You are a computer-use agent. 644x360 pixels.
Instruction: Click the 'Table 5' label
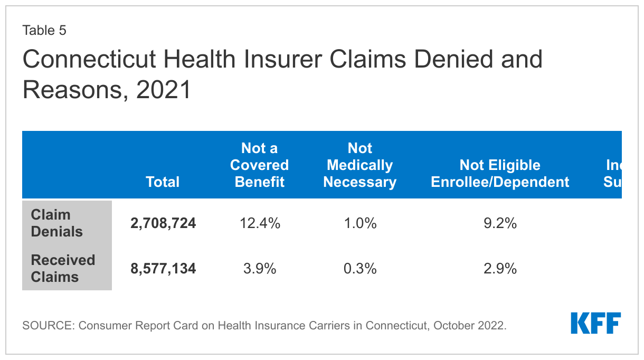coord(44,31)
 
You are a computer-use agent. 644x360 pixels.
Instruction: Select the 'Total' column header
coord(163,182)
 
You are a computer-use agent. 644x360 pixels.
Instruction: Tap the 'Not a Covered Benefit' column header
coord(259,165)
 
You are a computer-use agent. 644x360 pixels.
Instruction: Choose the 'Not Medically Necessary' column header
coord(359,165)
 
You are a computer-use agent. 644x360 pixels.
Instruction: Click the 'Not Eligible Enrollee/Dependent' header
coord(500,174)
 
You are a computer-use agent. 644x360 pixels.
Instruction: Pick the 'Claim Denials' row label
coord(57,223)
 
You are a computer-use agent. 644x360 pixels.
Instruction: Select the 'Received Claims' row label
coord(63,269)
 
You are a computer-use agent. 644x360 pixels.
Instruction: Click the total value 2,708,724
coord(163,223)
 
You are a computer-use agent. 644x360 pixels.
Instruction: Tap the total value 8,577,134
coord(163,269)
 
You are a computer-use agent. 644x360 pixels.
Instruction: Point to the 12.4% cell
coord(259,223)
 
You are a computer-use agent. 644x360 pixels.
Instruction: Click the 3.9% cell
coord(259,269)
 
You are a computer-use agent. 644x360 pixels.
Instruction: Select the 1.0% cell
coord(359,223)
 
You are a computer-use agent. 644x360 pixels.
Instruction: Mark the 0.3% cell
coord(359,269)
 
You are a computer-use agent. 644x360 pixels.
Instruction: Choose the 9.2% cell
coord(500,223)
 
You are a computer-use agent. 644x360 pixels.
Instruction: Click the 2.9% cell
coord(500,269)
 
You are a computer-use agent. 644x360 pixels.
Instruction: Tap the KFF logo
coord(595,323)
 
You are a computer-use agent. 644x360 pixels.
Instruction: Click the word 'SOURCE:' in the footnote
coord(48,326)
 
